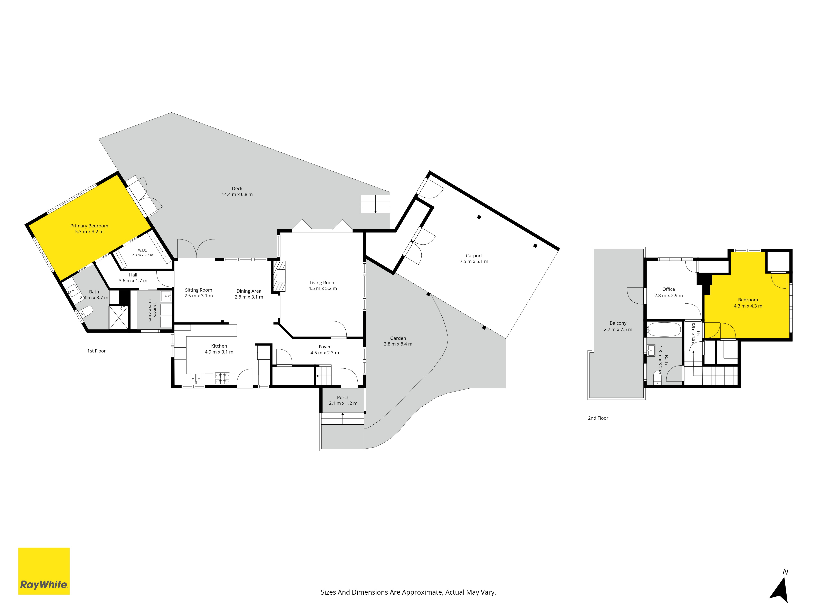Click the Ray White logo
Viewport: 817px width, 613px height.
point(44,571)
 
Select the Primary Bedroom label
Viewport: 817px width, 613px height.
point(89,226)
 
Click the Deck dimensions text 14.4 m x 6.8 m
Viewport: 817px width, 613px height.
point(237,194)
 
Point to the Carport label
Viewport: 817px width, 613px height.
point(474,256)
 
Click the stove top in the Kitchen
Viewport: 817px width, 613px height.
point(222,378)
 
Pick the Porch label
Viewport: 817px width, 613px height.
point(343,398)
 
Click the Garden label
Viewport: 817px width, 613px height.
point(398,338)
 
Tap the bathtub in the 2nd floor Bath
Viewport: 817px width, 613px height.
point(664,329)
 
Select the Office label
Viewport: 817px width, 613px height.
point(669,289)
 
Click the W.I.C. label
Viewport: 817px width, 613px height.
point(143,250)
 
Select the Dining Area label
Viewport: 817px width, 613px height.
point(249,291)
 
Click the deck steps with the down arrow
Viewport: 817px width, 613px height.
point(375,204)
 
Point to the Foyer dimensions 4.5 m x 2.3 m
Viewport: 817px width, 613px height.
point(325,353)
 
